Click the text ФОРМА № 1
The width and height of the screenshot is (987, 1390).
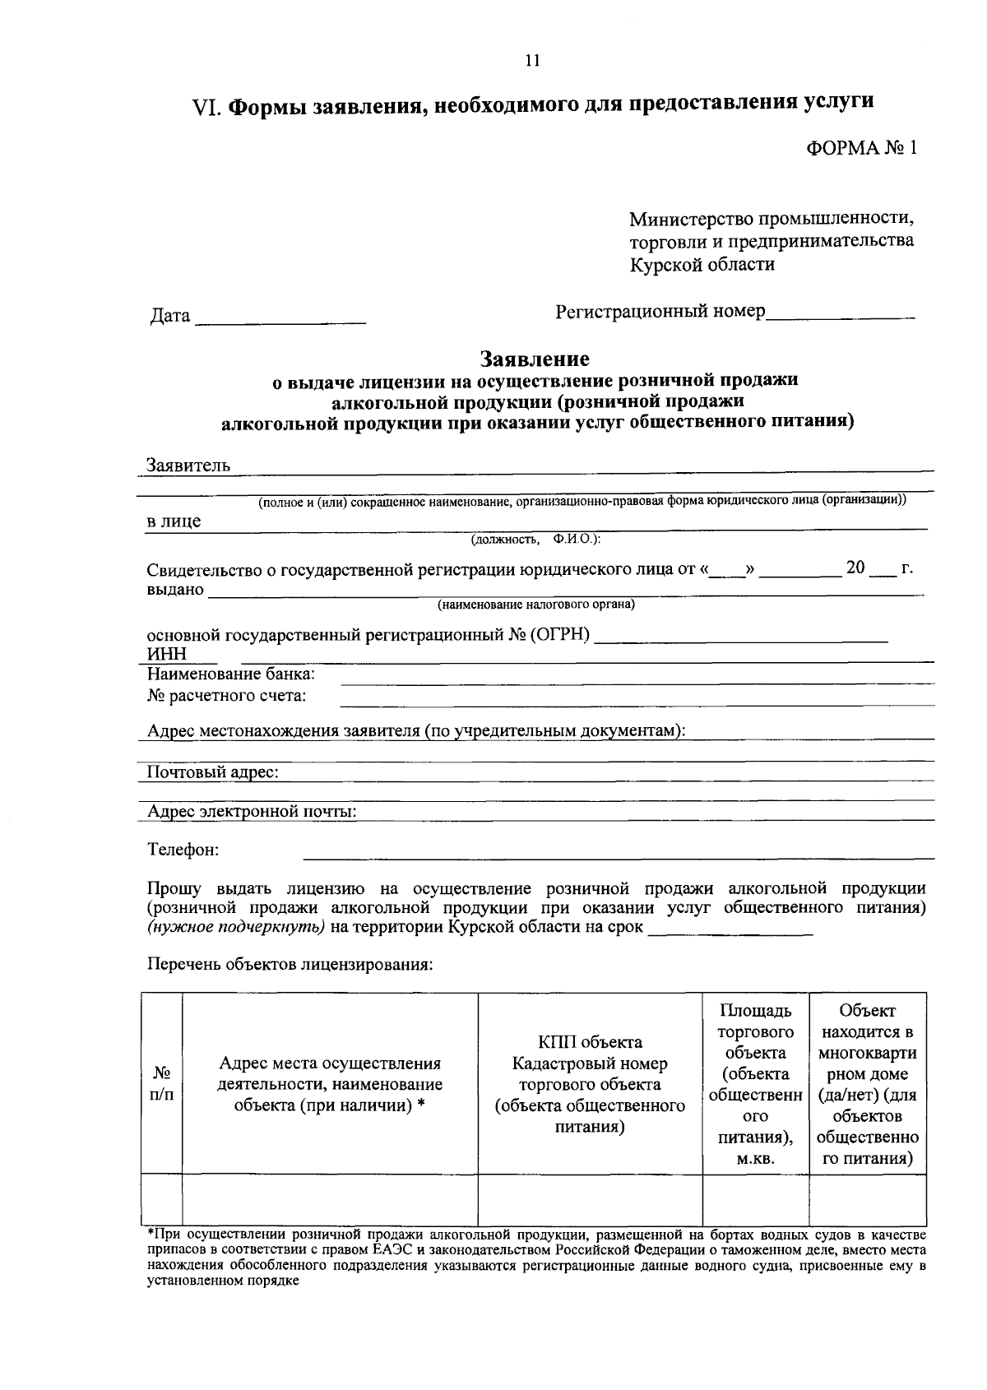pos(860,148)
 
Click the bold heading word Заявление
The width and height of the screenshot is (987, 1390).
pos(535,359)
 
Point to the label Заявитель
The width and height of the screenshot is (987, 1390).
pos(188,466)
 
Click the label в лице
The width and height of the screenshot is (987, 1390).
pos(174,521)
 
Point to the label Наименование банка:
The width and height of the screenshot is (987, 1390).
pos(231,674)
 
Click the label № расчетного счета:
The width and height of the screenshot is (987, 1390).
pos(227,697)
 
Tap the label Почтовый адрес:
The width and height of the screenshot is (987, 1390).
pos(213,772)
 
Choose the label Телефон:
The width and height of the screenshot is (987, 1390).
pos(183,850)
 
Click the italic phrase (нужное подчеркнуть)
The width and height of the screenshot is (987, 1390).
pos(237,928)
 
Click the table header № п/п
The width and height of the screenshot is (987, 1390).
pos(163,1084)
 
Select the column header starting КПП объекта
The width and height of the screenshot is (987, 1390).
pos(590,1084)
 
